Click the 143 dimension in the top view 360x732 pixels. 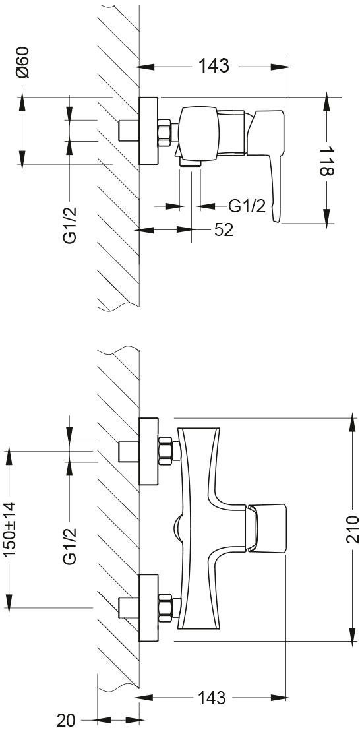coord(214,66)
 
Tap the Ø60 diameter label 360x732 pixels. coord(22,63)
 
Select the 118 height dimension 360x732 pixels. coord(326,161)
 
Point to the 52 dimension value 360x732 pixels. coord(224,229)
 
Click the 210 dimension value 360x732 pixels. coord(353,529)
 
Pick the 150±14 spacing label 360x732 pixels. coord(9,529)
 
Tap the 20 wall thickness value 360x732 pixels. coord(66,720)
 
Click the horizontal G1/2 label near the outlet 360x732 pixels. coord(247,206)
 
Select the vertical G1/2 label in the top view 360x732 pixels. coord(70,224)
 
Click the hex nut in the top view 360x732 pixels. coord(164,133)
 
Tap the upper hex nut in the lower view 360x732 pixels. coord(165,451)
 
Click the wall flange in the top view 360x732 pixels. coord(148,131)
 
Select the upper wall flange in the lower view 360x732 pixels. coord(148,451)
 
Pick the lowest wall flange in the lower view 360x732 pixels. coord(148,608)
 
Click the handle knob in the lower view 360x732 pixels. coord(266,528)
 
